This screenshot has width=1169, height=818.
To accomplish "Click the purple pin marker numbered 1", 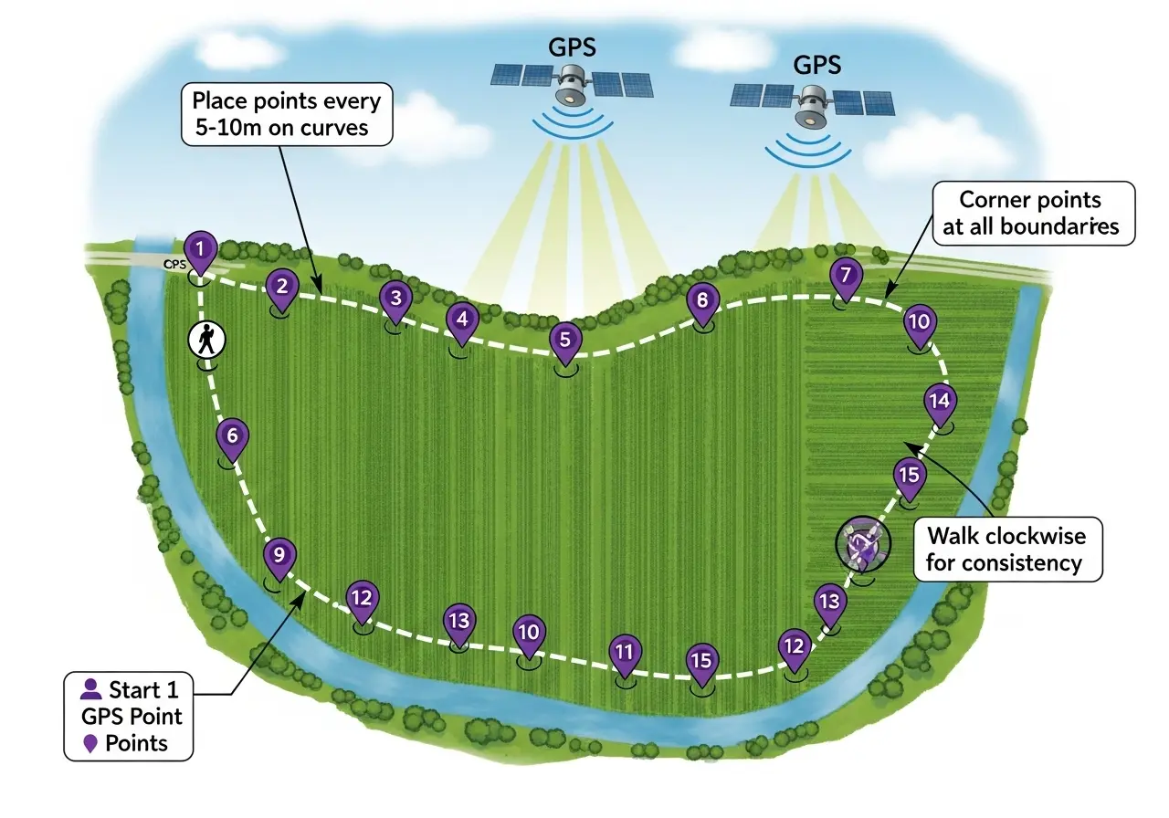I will (200, 248).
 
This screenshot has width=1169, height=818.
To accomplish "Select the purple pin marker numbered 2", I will (282, 287).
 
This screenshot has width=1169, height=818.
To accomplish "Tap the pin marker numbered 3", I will (395, 299).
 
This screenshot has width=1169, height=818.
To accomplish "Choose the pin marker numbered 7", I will (847, 275).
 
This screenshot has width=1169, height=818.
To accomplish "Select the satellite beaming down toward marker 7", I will (812, 104).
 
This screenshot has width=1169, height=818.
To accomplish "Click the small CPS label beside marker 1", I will (174, 264).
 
